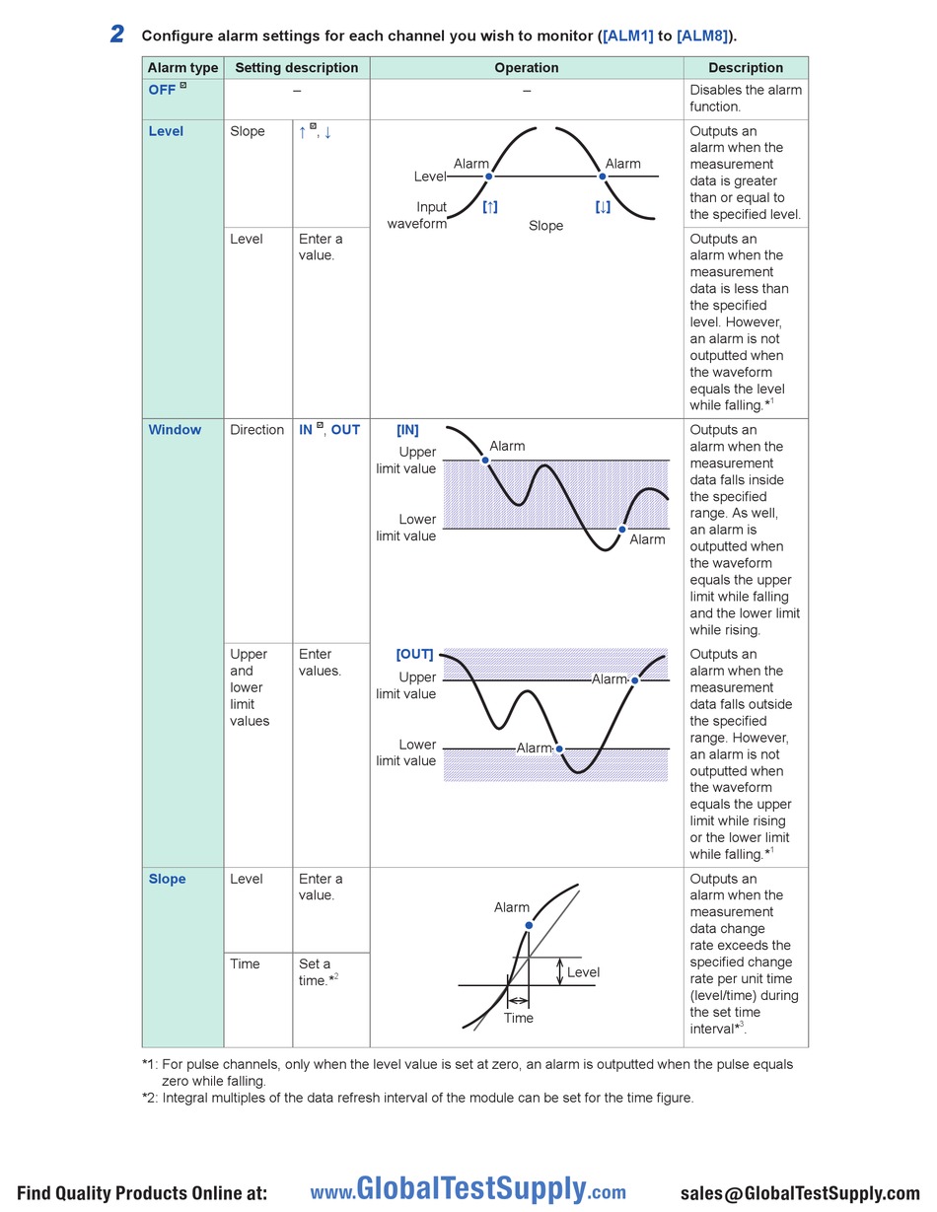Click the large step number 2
pyautogui.click(x=116, y=35)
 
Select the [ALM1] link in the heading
pyautogui.click(x=627, y=36)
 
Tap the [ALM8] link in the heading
pyautogui.click(x=702, y=36)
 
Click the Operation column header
pyautogui.click(x=526, y=67)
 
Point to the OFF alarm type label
pyautogui.click(x=162, y=90)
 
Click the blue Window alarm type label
pyautogui.click(x=175, y=429)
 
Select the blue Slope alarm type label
pyautogui.click(x=167, y=879)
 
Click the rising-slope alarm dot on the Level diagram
pyautogui.click(x=488, y=177)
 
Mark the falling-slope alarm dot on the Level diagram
pyautogui.click(x=603, y=177)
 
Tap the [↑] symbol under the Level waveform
pyautogui.click(x=489, y=207)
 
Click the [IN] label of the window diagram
pyautogui.click(x=407, y=430)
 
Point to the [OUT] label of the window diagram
pyautogui.click(x=414, y=654)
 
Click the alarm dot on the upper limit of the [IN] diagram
pyautogui.click(x=485, y=461)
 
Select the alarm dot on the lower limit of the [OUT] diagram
pyautogui.click(x=559, y=749)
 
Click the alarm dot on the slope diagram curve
pyautogui.click(x=529, y=925)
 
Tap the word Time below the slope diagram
pyautogui.click(x=519, y=1018)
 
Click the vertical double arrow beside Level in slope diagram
pyautogui.click(x=560, y=971)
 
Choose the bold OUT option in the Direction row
pyautogui.click(x=345, y=429)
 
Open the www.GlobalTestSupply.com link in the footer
pyautogui.click(x=468, y=1188)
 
